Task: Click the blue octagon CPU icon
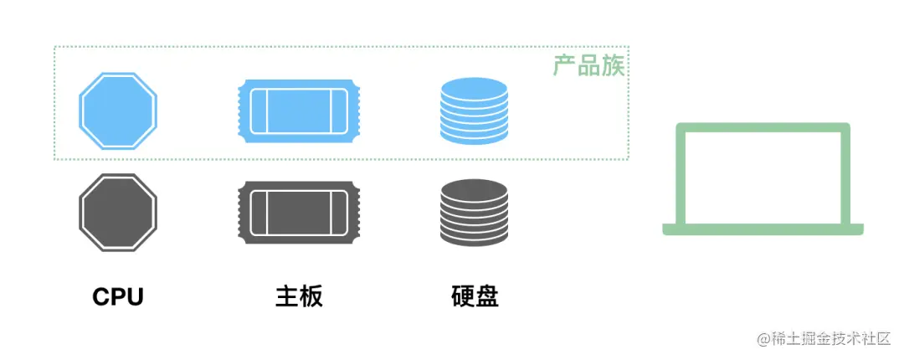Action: (x=118, y=111)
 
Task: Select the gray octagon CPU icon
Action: (x=118, y=212)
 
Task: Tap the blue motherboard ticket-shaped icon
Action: (x=299, y=111)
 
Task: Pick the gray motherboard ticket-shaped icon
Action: (x=299, y=212)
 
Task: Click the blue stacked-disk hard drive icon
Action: (x=474, y=111)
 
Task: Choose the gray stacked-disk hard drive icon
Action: (x=474, y=212)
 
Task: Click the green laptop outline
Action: (x=763, y=179)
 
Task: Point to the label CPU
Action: (x=118, y=296)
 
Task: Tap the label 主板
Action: (x=299, y=296)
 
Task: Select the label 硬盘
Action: (x=475, y=296)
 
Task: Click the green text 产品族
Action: (x=589, y=66)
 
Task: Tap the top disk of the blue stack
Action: (x=474, y=87)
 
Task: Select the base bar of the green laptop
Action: (x=763, y=229)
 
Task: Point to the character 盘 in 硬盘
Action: (x=487, y=296)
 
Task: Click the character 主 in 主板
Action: (x=287, y=296)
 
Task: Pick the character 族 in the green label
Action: (x=614, y=66)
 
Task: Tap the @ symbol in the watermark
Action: (x=763, y=339)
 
